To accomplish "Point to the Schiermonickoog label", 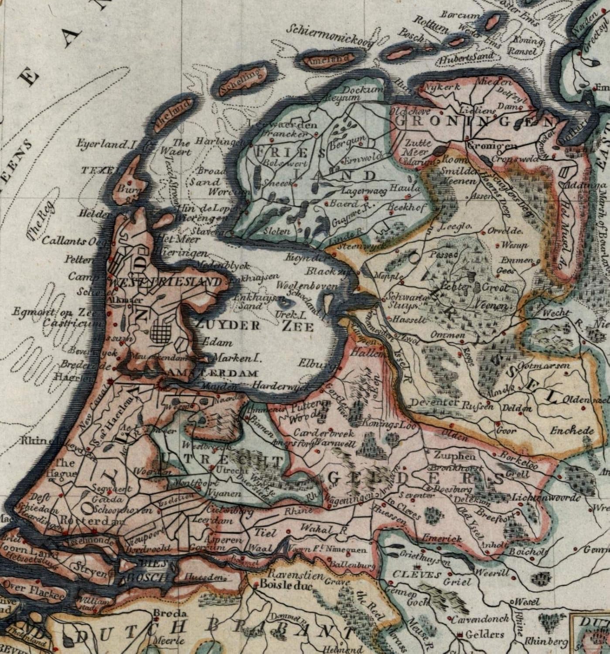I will (331, 34).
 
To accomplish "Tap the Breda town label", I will (164, 613).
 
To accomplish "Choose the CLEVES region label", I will (416, 575).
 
